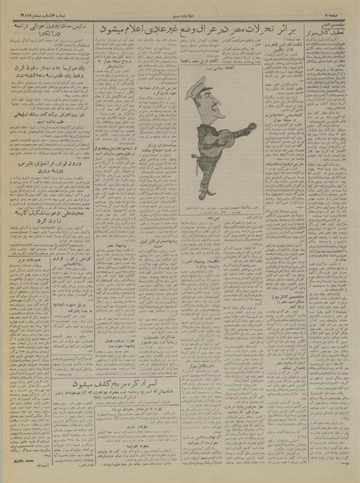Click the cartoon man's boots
click(206, 191)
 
